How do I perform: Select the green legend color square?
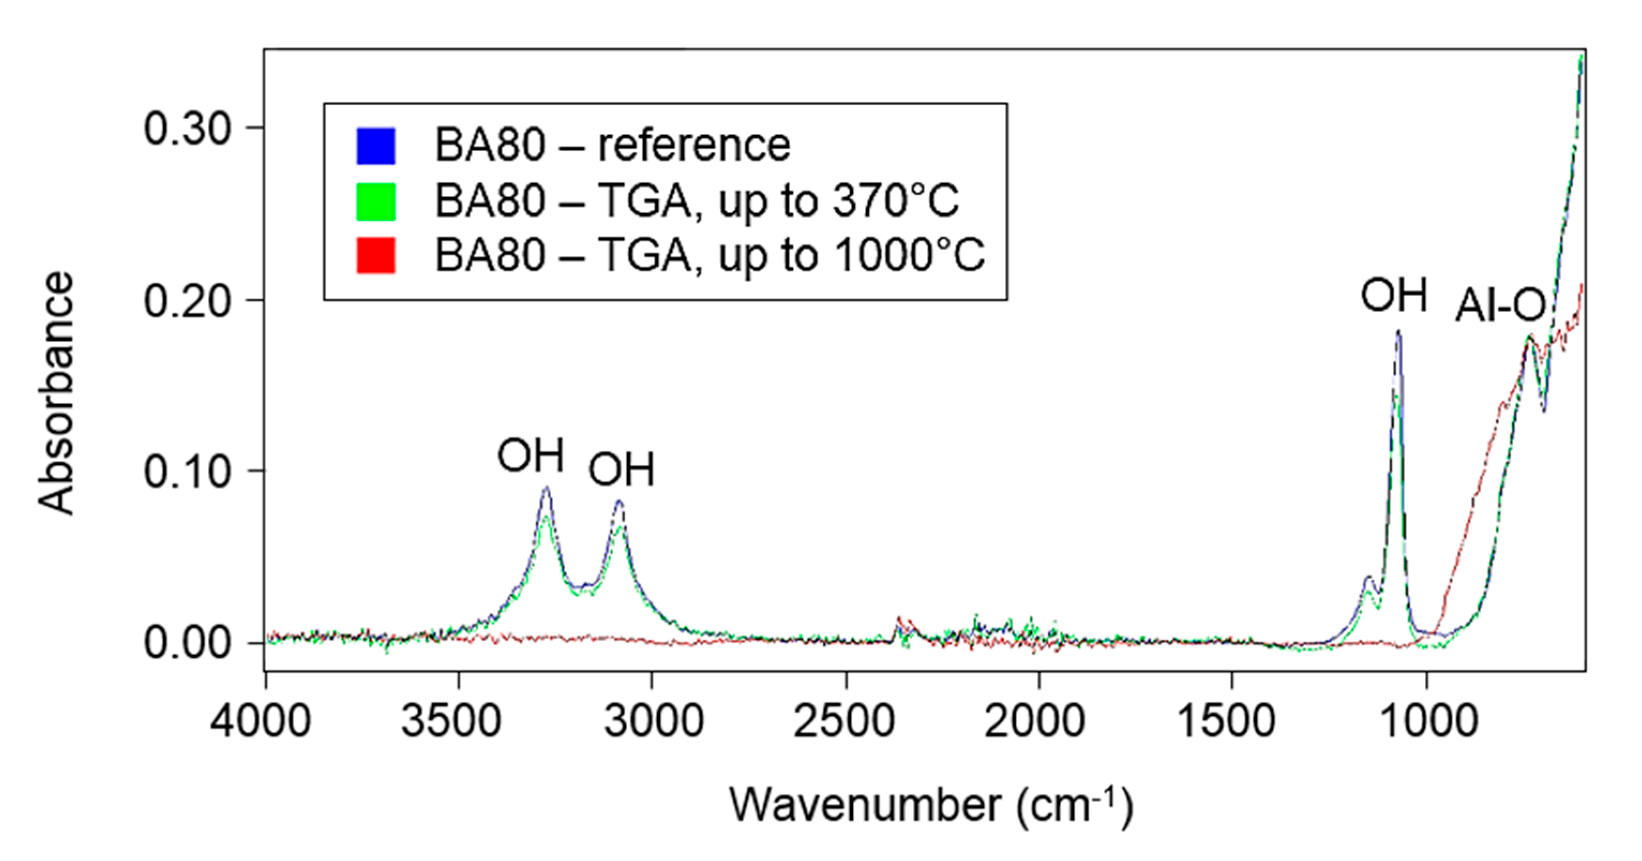[375, 201]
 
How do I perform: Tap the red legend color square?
[375, 255]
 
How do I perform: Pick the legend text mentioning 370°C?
[696, 201]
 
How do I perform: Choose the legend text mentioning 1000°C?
[710, 255]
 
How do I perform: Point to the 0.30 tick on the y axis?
[186, 128]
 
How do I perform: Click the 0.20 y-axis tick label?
[186, 301]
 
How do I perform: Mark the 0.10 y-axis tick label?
[186, 471]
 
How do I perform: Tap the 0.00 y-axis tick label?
[186, 643]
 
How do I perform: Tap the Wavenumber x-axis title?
[931, 805]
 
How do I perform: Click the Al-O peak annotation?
[1501, 305]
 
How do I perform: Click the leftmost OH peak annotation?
[530, 455]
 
